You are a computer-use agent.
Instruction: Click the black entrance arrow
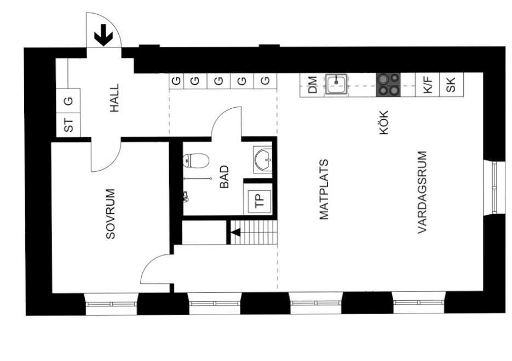[x=103, y=35]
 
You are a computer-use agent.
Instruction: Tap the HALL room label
[x=114, y=98]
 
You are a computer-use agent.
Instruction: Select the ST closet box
[x=68, y=125]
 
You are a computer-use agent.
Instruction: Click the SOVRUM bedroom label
[x=111, y=214]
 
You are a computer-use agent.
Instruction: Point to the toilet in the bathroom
[x=196, y=161]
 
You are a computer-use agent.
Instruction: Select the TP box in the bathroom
[x=260, y=201]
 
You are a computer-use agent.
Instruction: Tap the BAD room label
[x=225, y=177]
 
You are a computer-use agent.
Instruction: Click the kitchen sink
[x=336, y=84]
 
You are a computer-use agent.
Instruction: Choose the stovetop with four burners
[x=388, y=85]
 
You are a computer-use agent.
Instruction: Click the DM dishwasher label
[x=313, y=85]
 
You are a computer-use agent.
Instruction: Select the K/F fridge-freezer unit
[x=428, y=85]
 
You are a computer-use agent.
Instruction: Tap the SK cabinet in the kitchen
[x=452, y=85]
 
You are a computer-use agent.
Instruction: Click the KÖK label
[x=384, y=123]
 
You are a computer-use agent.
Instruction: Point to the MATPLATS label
[x=324, y=189]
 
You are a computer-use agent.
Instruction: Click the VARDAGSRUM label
[x=422, y=192]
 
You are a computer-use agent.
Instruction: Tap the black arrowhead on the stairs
[x=236, y=232]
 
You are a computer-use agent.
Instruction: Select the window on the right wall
[x=494, y=188]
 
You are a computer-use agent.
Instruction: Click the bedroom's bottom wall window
[x=111, y=304]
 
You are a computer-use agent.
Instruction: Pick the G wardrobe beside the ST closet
[x=68, y=101]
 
